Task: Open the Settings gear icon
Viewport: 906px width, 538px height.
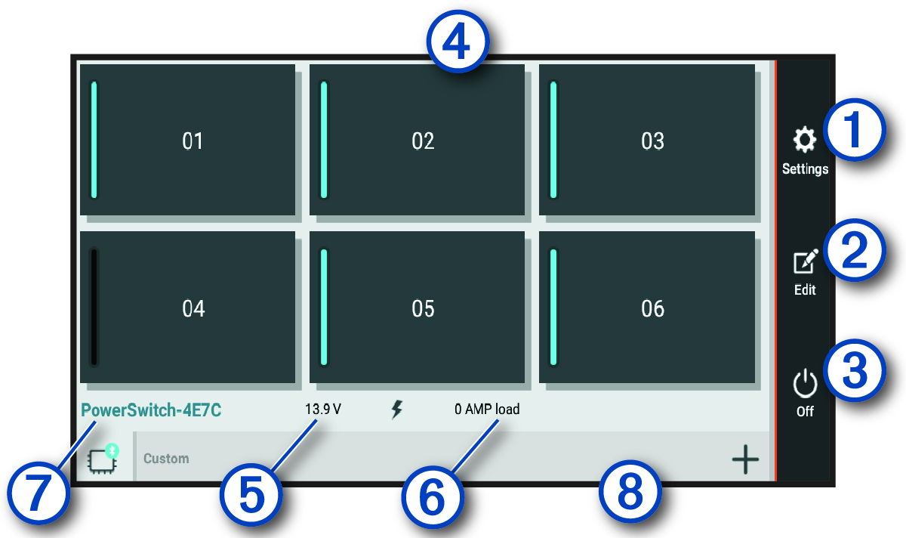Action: (805, 141)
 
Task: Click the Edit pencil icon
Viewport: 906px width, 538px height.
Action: (805, 263)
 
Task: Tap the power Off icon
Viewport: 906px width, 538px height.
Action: (805, 383)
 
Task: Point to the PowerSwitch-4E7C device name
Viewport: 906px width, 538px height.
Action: (152, 410)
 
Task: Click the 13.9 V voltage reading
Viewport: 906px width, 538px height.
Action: (323, 410)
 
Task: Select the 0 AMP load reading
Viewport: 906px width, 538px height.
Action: (487, 410)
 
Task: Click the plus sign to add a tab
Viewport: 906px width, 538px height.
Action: (745, 459)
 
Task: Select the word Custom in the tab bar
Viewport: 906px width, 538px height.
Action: (166, 459)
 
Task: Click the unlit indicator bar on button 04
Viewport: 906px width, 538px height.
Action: (94, 308)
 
